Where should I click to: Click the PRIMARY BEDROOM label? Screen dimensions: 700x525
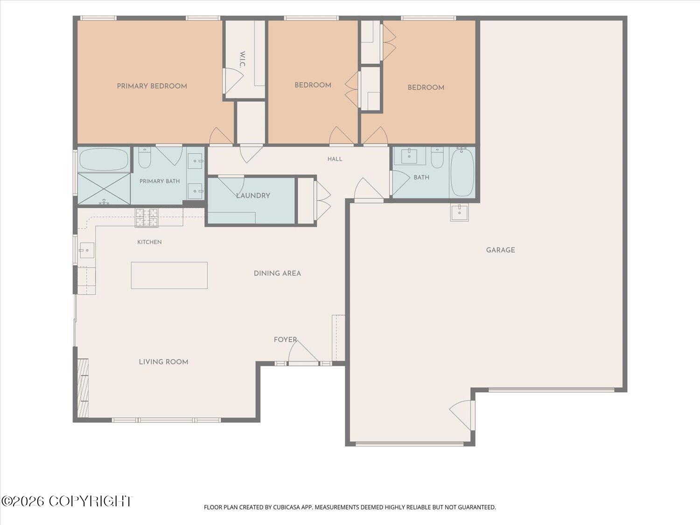[152, 86]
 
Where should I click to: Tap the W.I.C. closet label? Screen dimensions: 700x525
[242, 59]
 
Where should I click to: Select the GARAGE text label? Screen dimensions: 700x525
[500, 250]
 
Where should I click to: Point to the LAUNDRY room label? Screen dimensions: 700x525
[253, 196]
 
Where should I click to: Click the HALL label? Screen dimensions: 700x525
[335, 159]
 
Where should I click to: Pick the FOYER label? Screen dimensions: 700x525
[285, 340]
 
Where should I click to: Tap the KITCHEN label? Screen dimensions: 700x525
[149, 242]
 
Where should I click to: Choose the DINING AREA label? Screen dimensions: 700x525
[277, 273]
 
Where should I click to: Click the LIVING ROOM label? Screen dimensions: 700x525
[164, 362]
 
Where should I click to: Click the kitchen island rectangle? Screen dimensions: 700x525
[169, 275]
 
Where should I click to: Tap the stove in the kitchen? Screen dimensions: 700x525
[147, 217]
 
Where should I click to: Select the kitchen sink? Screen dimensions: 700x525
[86, 250]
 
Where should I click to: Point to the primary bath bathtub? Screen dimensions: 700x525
[104, 160]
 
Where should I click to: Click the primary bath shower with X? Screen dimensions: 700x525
[104, 189]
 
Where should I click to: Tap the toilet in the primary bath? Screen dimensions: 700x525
[145, 158]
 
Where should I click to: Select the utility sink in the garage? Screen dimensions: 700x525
[460, 212]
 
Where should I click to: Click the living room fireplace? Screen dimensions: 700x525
[83, 388]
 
